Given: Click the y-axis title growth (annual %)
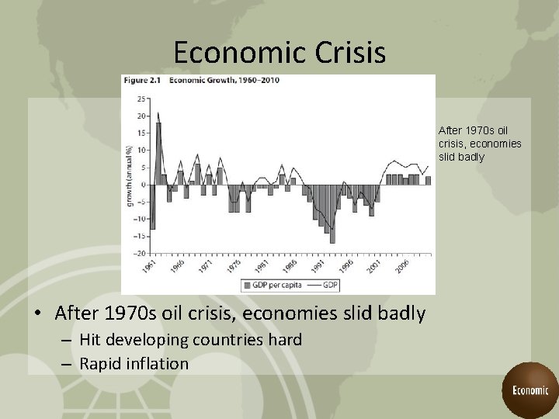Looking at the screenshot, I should pos(130,175).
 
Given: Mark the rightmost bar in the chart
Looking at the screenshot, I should pos(428,180).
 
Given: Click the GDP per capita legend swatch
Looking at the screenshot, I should pos(245,285).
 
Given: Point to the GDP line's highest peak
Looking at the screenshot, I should pos(158,113).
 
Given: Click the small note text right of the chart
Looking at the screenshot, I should pos(479,144).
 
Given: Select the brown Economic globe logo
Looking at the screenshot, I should pos(529,390).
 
